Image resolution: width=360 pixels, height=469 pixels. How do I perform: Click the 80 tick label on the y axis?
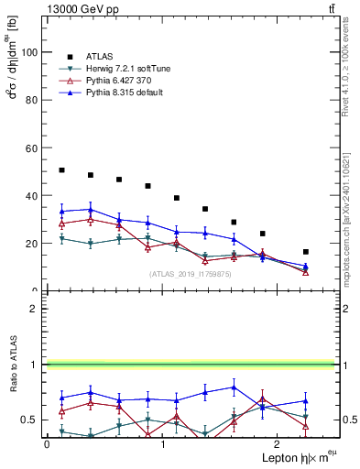(x=33, y=101)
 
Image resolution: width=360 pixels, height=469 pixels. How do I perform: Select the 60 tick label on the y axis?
(x=33, y=148)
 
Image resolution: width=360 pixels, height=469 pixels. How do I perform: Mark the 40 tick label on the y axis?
(x=33, y=196)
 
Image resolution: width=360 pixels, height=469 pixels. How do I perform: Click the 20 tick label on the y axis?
(x=33, y=244)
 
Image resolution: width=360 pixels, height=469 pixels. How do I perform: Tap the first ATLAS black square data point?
(x=61, y=170)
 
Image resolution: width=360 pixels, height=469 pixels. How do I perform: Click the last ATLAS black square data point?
(x=305, y=252)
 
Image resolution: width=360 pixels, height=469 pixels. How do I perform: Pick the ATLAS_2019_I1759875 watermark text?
(x=190, y=274)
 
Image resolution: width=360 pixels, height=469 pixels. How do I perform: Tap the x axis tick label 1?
(x=162, y=444)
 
